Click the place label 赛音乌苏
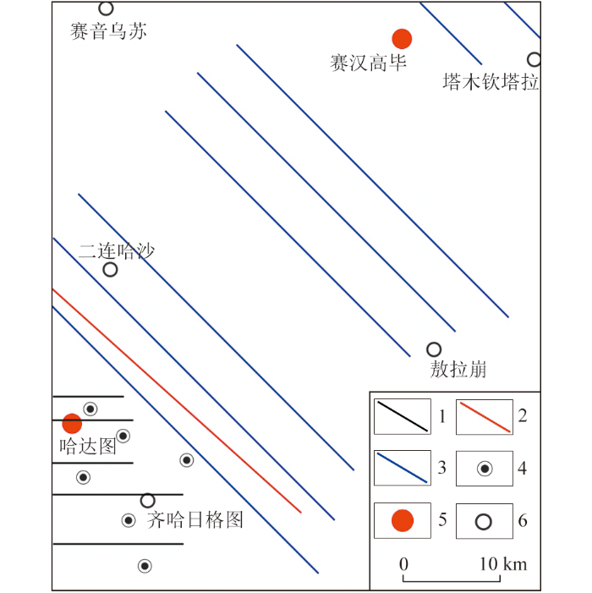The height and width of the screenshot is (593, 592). tap(108, 31)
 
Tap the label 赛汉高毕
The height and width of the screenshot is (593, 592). tap(368, 63)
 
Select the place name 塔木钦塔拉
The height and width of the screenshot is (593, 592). tap(491, 82)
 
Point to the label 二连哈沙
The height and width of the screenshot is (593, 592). tap(117, 251)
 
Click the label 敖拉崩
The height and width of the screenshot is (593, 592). tap(458, 369)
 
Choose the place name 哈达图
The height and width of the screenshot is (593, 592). tap(88, 447)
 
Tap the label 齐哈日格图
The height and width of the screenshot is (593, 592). tap(195, 519)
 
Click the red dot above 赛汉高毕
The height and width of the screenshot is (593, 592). tap(402, 39)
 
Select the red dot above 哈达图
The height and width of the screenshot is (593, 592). tap(72, 423)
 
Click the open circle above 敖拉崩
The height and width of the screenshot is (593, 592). tap(434, 343)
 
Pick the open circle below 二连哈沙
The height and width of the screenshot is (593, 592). tap(110, 262)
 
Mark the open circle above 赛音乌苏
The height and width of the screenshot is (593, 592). tap(106, 2)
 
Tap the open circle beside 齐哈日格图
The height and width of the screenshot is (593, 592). tap(147, 493)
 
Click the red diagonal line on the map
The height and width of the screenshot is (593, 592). tap(177, 401)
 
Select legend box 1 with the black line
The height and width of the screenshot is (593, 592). tap(403, 416)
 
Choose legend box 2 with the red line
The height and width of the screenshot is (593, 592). tap(485, 417)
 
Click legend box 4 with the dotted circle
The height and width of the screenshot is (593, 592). tap(485, 469)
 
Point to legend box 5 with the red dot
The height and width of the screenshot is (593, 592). tap(403, 520)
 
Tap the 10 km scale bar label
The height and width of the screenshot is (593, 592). tap(503, 564)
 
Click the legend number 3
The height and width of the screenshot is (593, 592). tap(442, 468)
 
